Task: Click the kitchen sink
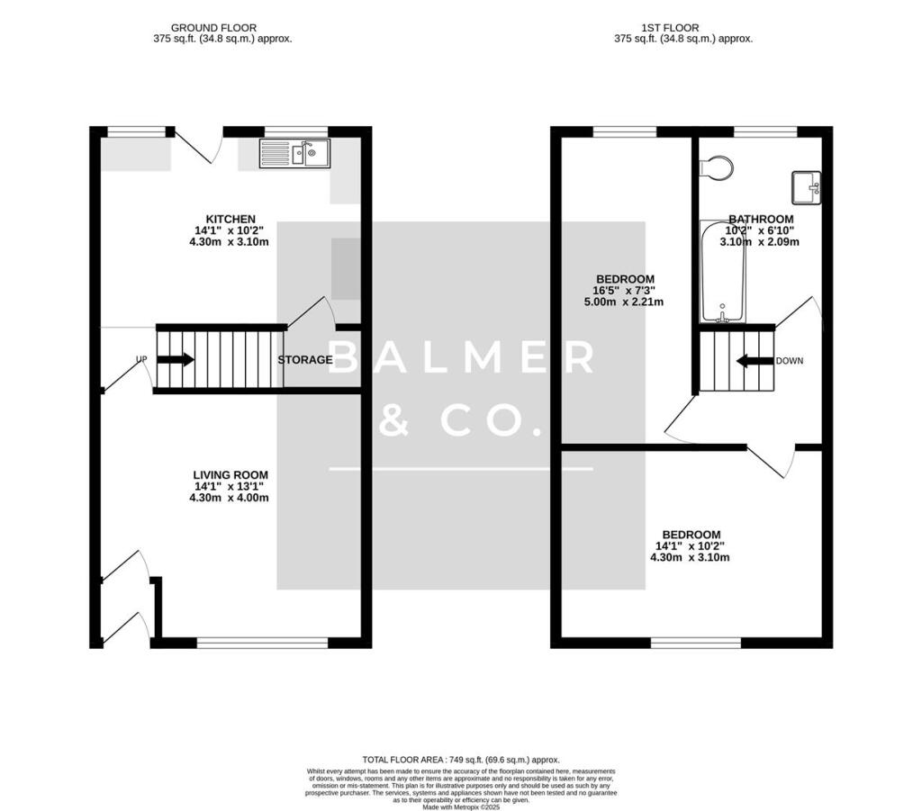click(x=295, y=153)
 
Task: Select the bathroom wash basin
click(x=807, y=187)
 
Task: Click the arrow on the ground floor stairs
click(x=176, y=360)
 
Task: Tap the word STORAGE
click(x=305, y=360)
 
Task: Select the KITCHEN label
click(x=231, y=219)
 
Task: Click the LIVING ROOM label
click(x=230, y=474)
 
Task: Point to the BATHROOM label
click(x=761, y=219)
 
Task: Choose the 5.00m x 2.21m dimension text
click(x=624, y=302)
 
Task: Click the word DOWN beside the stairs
click(x=789, y=361)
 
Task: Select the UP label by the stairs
click(x=141, y=359)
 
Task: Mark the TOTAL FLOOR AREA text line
click(x=461, y=760)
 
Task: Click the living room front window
click(x=262, y=643)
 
